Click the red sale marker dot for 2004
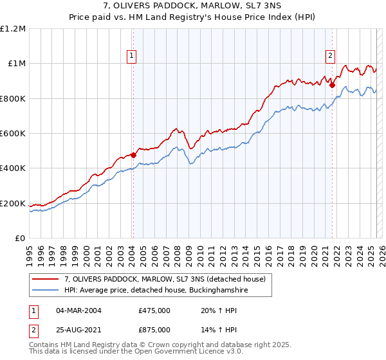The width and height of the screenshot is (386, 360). coord(133,154)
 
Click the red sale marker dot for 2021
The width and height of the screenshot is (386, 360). coord(333,85)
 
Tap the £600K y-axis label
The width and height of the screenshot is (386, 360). coord(13,134)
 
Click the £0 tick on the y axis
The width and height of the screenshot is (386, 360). coord(21,239)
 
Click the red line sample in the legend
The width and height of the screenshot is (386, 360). coord(46,278)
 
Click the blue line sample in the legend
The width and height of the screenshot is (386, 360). coord(46,291)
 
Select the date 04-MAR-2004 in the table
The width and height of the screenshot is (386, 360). coord(79,310)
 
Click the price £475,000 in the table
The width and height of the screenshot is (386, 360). coord(154,310)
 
